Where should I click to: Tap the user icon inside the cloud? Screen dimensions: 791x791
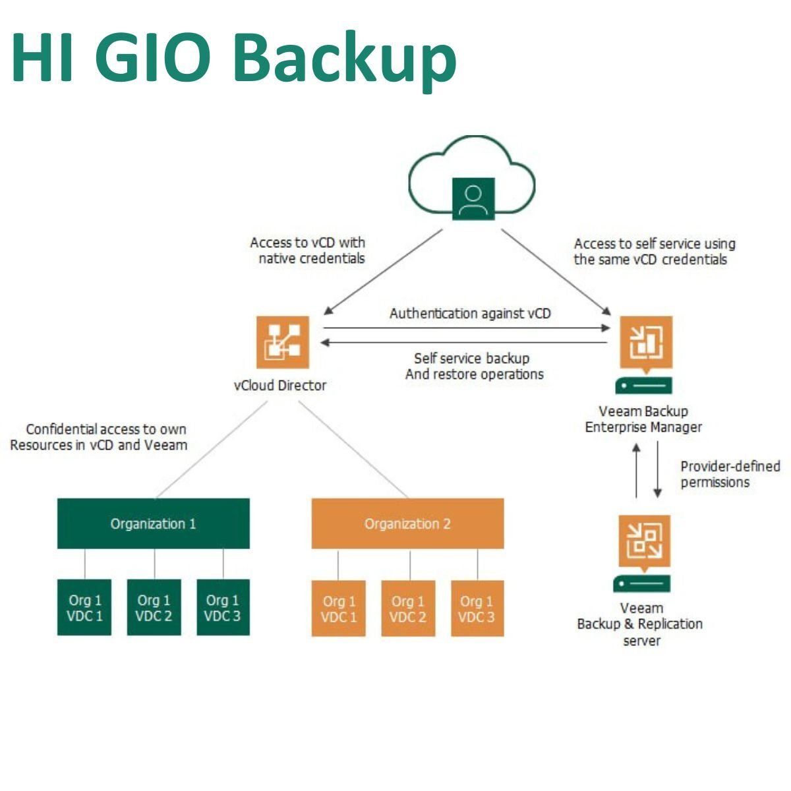tap(473, 198)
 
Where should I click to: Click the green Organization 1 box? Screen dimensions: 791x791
tap(153, 523)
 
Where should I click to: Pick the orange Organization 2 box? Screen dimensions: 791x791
tap(407, 523)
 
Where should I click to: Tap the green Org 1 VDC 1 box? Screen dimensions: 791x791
tap(84, 607)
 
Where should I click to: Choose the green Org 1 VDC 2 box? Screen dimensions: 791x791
tap(154, 607)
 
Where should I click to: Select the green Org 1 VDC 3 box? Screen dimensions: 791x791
tap(223, 607)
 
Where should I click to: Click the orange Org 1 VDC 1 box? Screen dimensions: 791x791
tap(338, 608)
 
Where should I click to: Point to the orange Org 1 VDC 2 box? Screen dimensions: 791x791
tap(408, 608)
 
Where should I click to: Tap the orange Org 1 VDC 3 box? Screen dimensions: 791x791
tap(477, 608)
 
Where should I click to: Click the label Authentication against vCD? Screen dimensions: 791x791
tap(469, 313)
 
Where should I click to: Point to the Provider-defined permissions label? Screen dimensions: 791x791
tap(730, 474)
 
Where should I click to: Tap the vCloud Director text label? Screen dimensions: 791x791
tap(280, 386)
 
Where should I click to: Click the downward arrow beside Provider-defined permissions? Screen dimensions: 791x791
tap(657, 469)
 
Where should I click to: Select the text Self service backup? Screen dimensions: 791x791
tap(471, 359)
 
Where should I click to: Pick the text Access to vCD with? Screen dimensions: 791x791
tap(307, 243)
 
